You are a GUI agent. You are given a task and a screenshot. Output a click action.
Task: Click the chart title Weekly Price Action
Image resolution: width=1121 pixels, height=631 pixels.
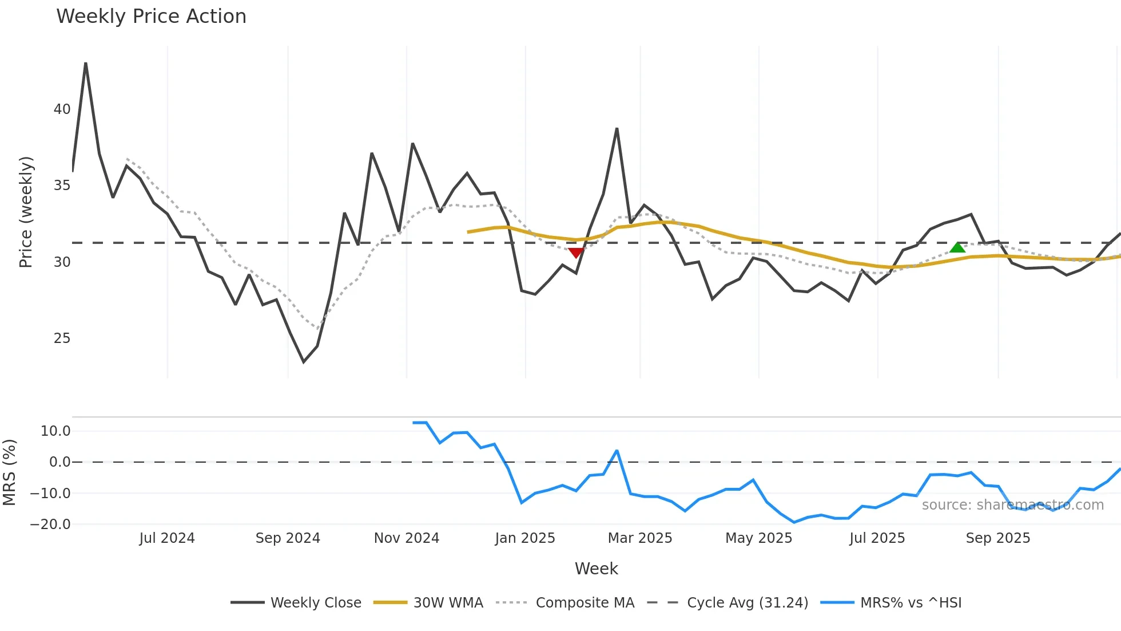[151, 17]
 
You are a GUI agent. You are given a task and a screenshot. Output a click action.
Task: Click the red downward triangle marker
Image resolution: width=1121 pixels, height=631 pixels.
[576, 253]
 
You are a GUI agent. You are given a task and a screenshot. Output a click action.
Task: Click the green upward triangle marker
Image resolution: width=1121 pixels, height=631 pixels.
[957, 247]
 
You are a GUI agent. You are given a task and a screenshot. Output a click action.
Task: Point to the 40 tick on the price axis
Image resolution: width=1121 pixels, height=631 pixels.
[62, 109]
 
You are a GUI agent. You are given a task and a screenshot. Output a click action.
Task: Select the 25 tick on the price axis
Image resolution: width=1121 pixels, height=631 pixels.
[62, 338]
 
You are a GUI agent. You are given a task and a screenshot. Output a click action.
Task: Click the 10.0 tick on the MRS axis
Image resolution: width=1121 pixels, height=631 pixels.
[55, 431]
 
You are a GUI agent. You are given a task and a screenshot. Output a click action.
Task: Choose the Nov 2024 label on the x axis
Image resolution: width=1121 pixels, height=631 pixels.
[406, 538]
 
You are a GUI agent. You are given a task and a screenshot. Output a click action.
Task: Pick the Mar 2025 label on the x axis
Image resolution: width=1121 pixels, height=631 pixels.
[639, 538]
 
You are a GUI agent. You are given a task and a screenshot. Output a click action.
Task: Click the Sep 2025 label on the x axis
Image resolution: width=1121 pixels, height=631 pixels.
[997, 538]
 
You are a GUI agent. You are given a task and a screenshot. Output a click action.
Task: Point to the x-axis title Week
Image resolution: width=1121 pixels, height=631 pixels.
[596, 569]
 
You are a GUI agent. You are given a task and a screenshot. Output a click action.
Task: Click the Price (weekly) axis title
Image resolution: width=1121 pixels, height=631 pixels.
[26, 212]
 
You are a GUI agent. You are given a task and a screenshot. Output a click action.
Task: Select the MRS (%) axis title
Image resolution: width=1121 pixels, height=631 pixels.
[9, 472]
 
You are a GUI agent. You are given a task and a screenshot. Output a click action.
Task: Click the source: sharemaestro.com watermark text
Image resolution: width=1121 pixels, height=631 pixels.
[1012, 505]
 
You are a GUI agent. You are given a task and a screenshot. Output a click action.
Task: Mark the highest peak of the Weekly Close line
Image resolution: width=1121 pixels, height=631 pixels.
[86, 63]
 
